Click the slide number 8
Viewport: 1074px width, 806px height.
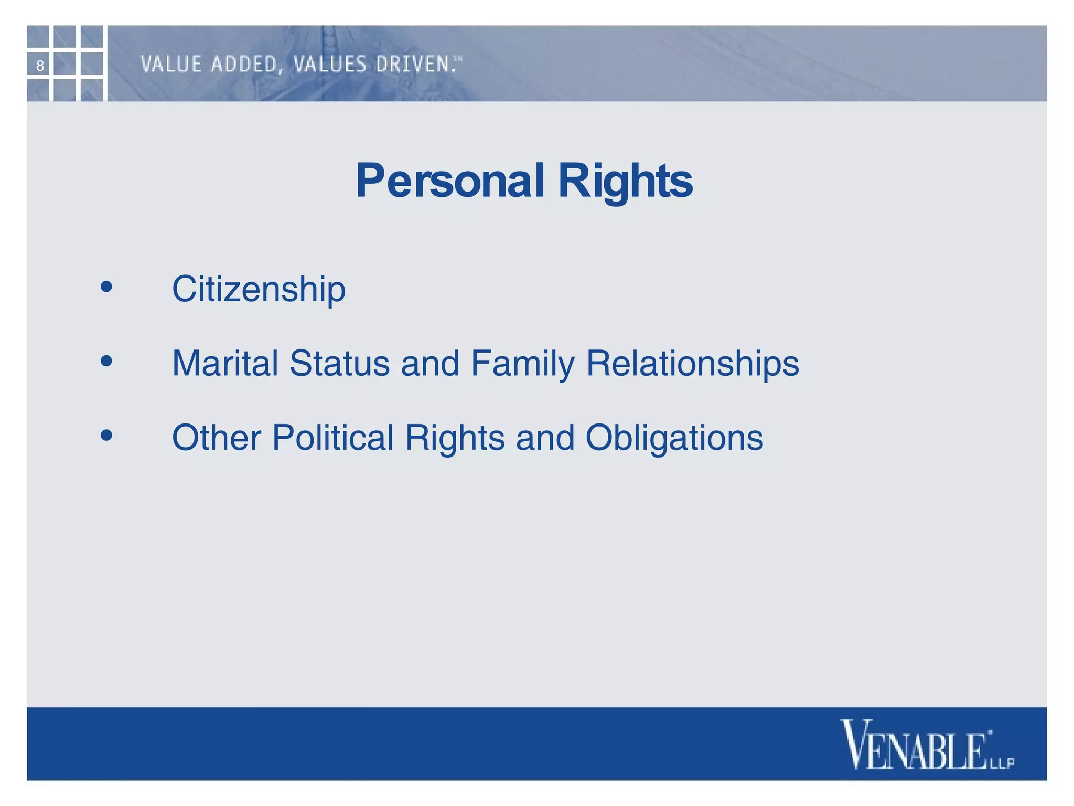pyautogui.click(x=40, y=66)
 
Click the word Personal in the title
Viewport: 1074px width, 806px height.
pyautogui.click(x=450, y=181)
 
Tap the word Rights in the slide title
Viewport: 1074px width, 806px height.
pyautogui.click(x=625, y=181)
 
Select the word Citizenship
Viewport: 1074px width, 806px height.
pyautogui.click(x=259, y=289)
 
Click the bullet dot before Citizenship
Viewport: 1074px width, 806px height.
pyautogui.click(x=106, y=287)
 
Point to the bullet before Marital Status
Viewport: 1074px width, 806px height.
pyautogui.click(x=106, y=361)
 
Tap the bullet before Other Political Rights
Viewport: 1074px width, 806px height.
pyautogui.click(x=106, y=435)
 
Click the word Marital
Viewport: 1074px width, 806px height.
pyautogui.click(x=225, y=363)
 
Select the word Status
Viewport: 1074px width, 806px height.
pyautogui.click(x=340, y=363)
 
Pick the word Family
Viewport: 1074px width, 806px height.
pyautogui.click(x=522, y=364)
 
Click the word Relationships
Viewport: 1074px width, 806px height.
pyautogui.click(x=692, y=364)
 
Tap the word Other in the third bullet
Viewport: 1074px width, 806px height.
pyautogui.click(x=216, y=438)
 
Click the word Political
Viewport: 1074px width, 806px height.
pyautogui.click(x=332, y=438)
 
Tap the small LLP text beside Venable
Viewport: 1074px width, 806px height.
pyautogui.click(x=1002, y=762)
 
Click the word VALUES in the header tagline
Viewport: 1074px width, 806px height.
pyautogui.click(x=330, y=65)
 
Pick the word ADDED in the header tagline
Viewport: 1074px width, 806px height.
pyautogui.click(x=245, y=65)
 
